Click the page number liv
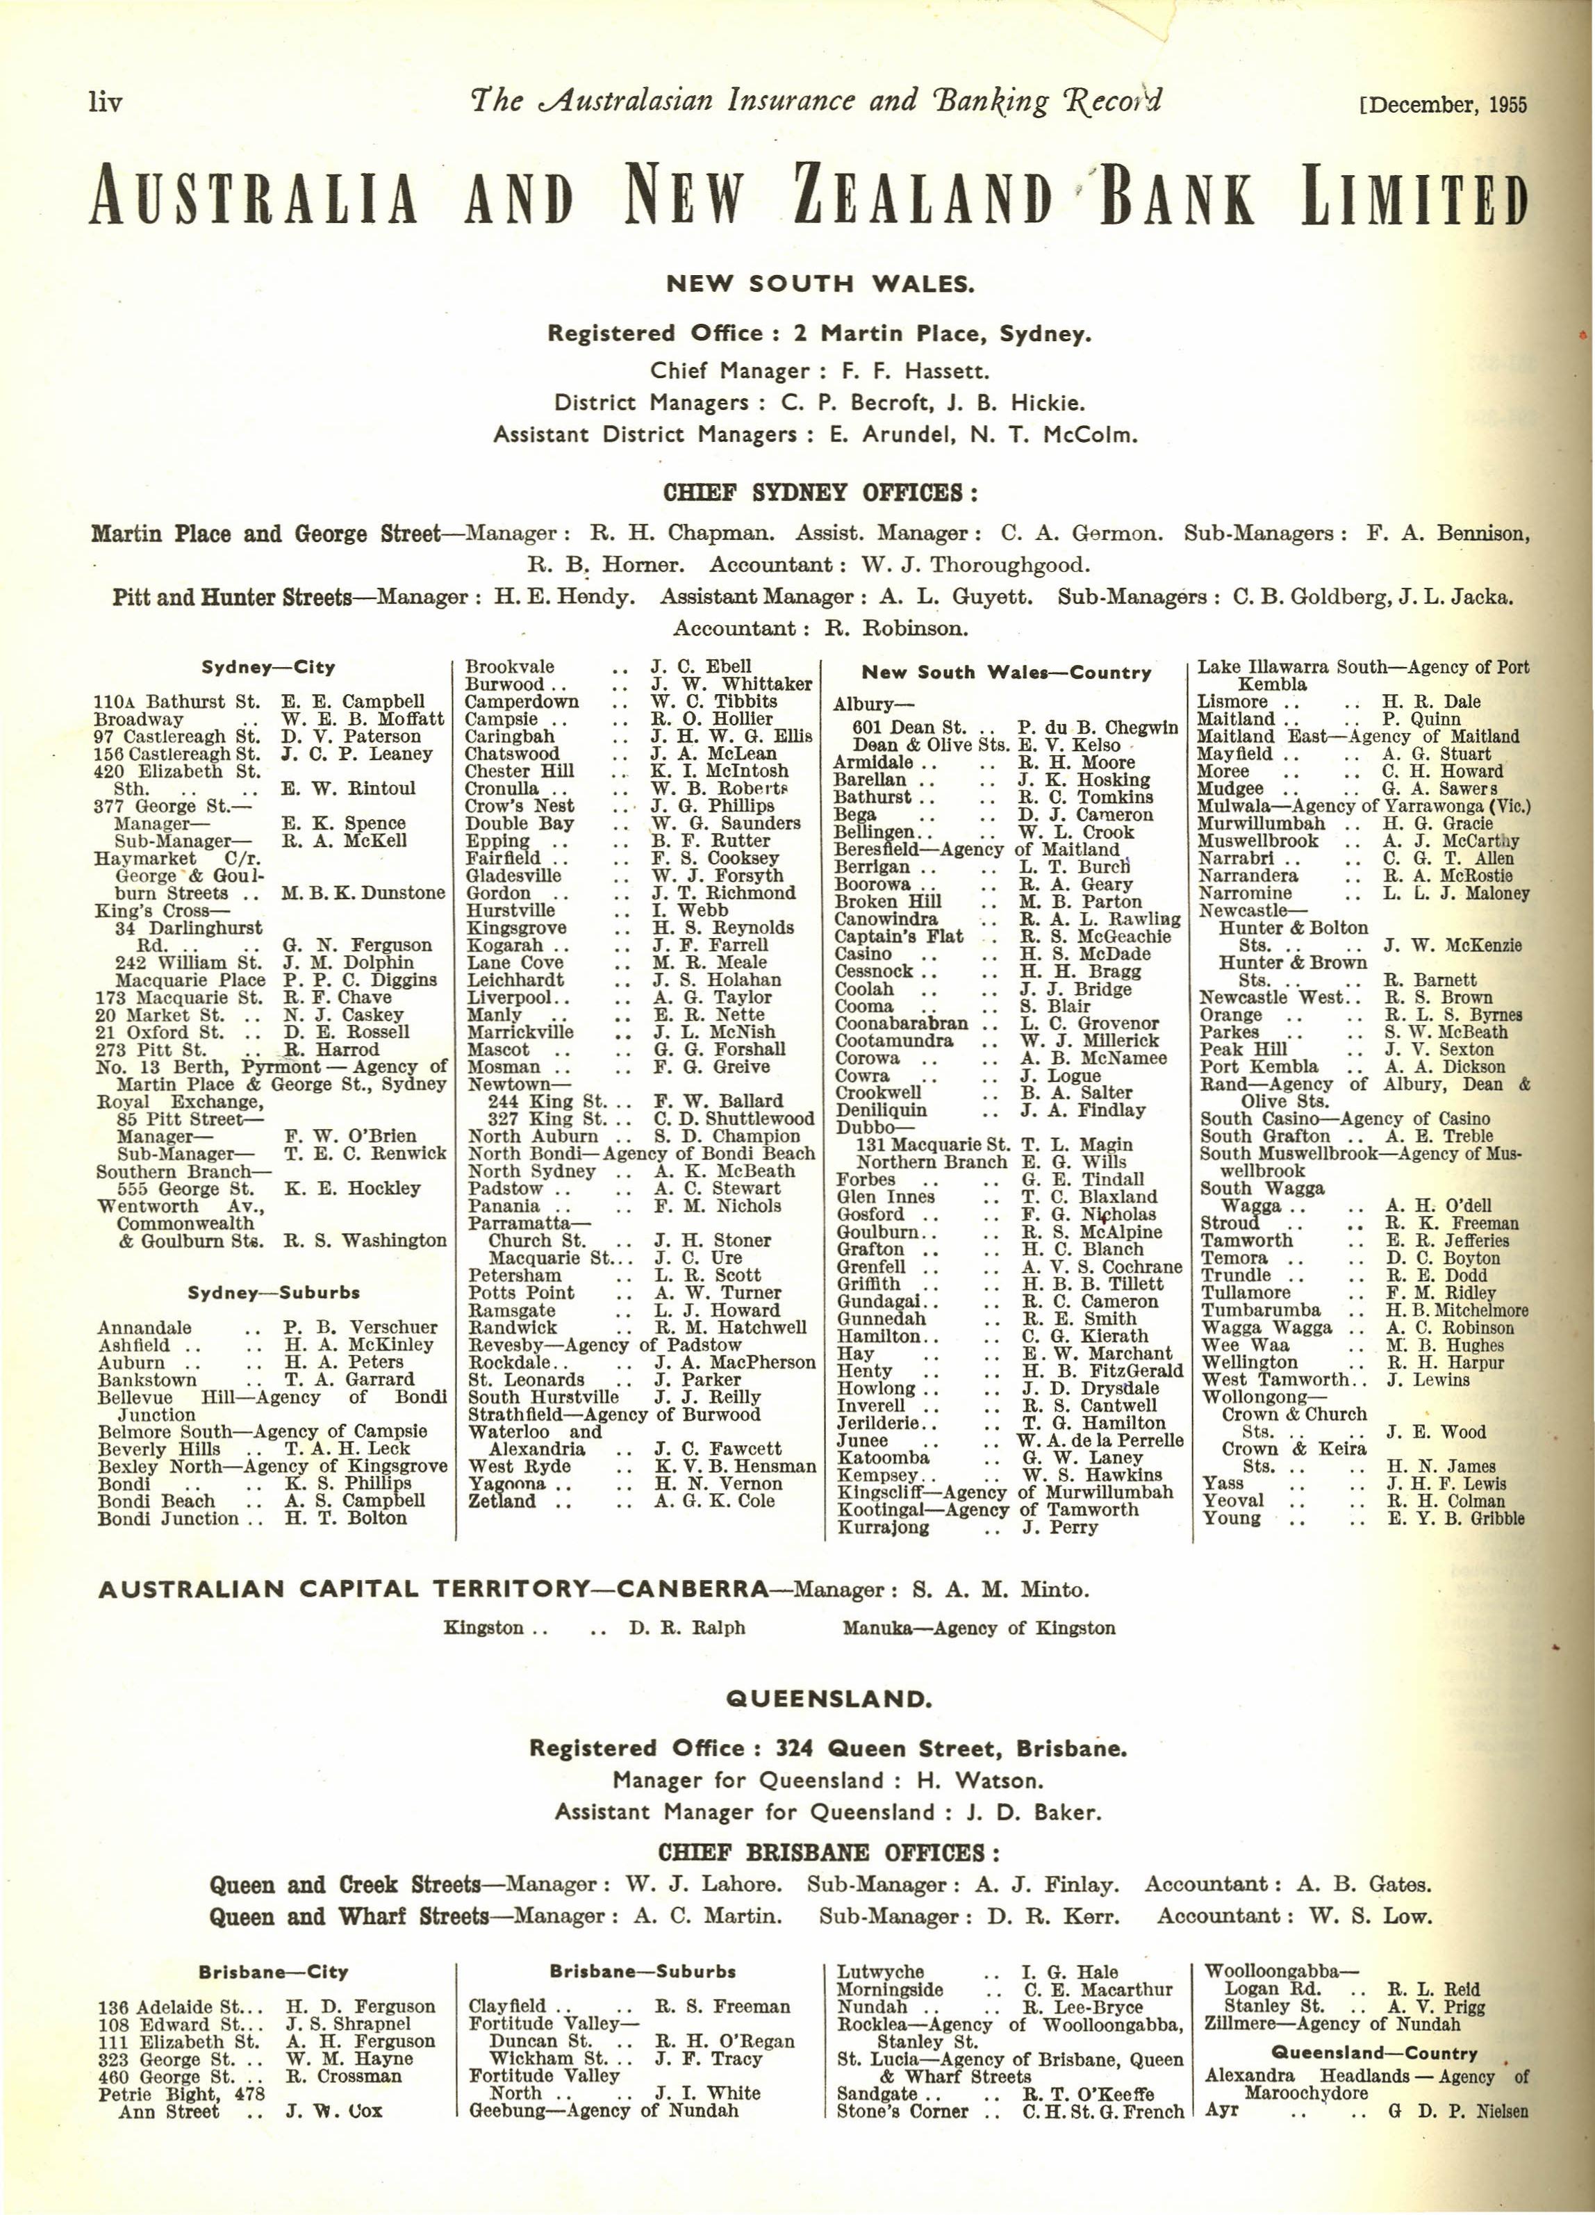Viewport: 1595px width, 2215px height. tap(104, 101)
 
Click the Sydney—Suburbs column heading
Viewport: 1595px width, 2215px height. tap(274, 1293)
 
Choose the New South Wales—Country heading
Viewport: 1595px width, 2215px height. tap(1006, 673)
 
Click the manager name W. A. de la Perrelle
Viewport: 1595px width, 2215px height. tap(1100, 1440)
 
